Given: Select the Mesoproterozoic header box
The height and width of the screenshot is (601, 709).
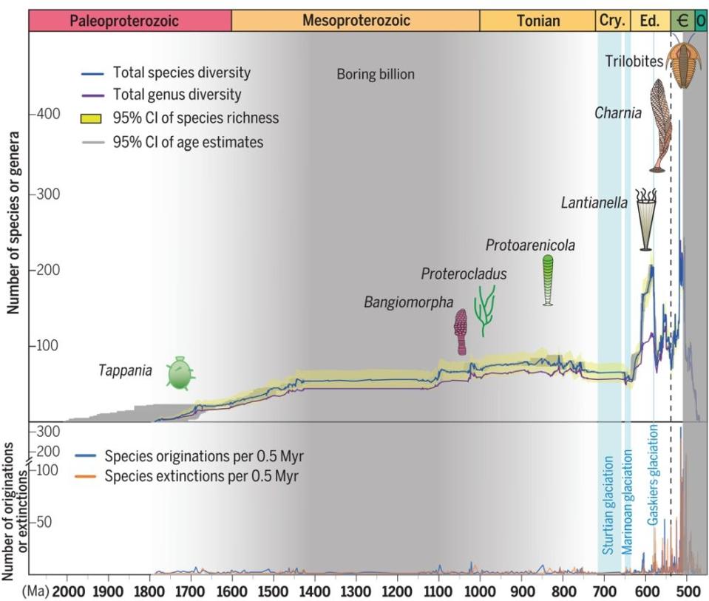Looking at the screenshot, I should (355, 21).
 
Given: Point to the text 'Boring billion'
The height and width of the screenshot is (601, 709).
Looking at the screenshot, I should (376, 75).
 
